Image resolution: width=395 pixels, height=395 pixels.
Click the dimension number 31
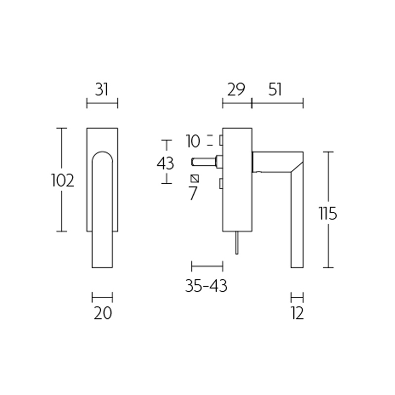tap(102, 89)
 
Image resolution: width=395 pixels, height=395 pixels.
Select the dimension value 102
tap(63, 181)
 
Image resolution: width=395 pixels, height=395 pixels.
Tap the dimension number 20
tap(103, 313)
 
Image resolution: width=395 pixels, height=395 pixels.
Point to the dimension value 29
tap(236, 89)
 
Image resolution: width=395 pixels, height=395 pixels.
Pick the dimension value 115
tap(328, 214)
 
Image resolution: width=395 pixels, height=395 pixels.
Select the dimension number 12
tap(297, 313)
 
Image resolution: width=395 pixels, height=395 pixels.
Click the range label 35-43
tap(206, 285)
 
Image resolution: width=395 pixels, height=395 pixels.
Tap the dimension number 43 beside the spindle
tap(165, 163)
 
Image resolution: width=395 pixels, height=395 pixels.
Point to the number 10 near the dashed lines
tap(193, 142)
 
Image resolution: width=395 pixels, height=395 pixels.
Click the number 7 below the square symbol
tap(193, 194)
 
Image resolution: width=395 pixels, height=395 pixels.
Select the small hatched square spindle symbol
tap(195, 178)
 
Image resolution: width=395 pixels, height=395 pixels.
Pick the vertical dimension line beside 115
tap(329, 210)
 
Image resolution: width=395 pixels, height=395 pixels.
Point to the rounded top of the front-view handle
tap(102, 154)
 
